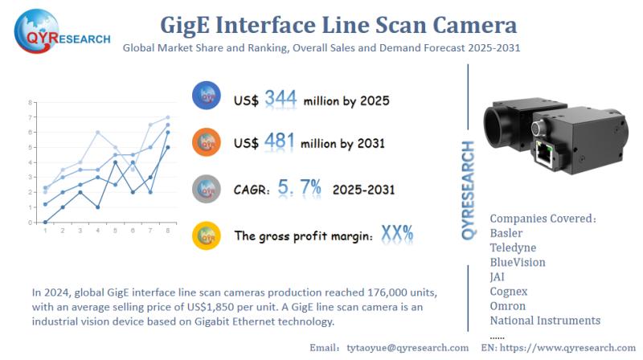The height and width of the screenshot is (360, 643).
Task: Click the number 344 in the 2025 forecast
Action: pyautogui.click(x=281, y=99)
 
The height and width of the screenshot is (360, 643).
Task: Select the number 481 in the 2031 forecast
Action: pyautogui.click(x=281, y=141)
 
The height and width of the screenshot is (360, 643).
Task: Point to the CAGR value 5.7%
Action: pyautogui.click(x=298, y=189)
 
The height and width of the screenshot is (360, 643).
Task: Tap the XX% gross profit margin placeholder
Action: pyautogui.click(x=396, y=234)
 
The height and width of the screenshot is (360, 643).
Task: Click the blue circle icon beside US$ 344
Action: pyautogui.click(x=207, y=97)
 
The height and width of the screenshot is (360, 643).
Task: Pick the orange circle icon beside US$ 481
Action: pyautogui.click(x=207, y=143)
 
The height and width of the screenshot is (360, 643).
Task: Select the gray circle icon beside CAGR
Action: pyautogui.click(x=207, y=189)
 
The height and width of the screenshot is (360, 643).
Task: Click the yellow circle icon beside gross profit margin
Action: pyautogui.click(x=207, y=235)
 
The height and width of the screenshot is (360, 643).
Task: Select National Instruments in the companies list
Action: pyautogui.click(x=544, y=320)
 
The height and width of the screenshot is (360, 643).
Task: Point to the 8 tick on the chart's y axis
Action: pyautogui.click(x=30, y=103)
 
